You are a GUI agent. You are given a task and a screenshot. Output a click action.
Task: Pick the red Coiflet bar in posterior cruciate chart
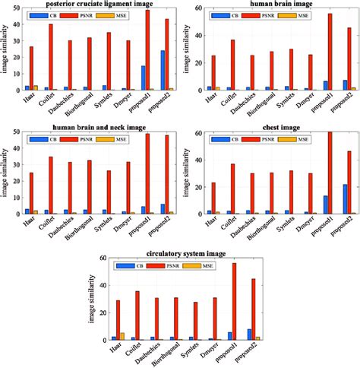pos(50,57)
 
